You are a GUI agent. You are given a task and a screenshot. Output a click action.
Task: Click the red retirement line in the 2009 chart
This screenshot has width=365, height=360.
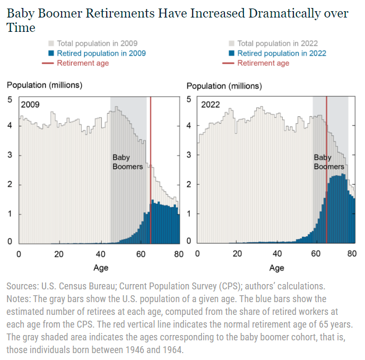pyautogui.click(x=151, y=170)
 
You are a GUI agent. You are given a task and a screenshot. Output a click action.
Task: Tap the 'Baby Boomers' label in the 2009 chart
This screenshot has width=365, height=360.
pyautogui.click(x=127, y=162)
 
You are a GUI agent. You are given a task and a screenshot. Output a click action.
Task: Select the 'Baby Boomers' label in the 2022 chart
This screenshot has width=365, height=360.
pyautogui.click(x=329, y=162)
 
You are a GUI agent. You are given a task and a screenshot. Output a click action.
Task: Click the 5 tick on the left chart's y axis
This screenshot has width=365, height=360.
pyautogui.click(x=10, y=99)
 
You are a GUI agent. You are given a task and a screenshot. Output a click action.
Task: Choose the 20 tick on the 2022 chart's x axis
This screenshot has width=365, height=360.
pyautogui.click(x=237, y=254)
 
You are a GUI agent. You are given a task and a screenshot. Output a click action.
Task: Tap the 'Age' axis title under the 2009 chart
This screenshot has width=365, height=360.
pyautogui.click(x=101, y=268)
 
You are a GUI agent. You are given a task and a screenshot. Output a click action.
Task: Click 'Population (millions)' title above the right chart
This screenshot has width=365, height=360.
pyautogui.click(x=224, y=85)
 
